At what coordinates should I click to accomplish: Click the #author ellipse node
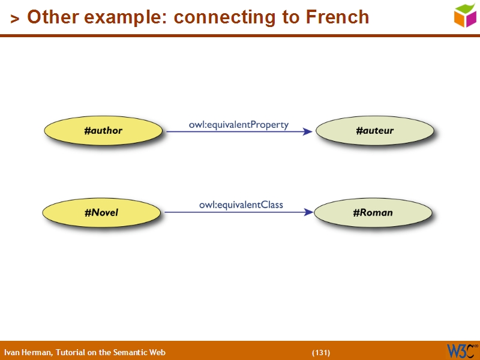point(103,131)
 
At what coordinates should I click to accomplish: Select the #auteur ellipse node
point(374,131)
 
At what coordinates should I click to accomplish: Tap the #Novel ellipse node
point(101,212)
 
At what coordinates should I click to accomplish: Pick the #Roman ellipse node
point(373,212)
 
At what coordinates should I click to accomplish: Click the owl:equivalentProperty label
point(239,125)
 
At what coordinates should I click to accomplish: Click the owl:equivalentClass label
point(241,205)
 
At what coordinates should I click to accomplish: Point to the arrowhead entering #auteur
point(308,131)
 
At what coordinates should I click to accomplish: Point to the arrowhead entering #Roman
point(308,212)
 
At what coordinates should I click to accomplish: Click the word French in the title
point(337,17)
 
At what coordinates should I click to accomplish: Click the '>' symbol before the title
point(15,19)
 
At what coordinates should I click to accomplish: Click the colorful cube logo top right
point(465,15)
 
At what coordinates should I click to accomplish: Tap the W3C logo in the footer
point(461,350)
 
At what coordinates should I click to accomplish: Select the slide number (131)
point(321,353)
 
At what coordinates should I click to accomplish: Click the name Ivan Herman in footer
point(28,353)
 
